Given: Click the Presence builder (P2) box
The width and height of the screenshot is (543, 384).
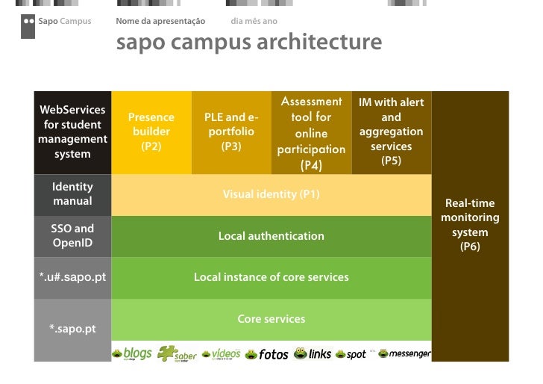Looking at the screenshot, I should (x=151, y=131).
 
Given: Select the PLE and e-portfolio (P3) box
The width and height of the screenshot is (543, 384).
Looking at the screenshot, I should (x=231, y=131).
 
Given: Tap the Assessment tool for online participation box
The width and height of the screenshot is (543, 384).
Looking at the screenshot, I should (x=311, y=133).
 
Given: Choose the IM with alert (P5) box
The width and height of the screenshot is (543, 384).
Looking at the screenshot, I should (x=391, y=131).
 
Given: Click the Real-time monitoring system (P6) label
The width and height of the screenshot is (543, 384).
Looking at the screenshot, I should (x=470, y=224).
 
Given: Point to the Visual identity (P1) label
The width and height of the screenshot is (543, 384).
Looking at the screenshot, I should (x=271, y=194).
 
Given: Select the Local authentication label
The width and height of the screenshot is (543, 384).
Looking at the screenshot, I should (x=271, y=236).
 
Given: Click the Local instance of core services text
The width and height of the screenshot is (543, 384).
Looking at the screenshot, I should (x=271, y=277).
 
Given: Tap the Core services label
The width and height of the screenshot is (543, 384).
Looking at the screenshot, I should (x=271, y=319).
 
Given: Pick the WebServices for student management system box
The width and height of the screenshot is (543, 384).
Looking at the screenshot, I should (x=72, y=131).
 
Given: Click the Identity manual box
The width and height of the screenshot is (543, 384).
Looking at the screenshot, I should (x=72, y=193).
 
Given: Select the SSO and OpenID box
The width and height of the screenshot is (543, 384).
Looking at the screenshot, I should (x=72, y=236).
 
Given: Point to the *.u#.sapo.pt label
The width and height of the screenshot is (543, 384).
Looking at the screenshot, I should (x=72, y=278).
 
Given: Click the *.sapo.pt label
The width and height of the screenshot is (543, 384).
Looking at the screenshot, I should (x=72, y=329).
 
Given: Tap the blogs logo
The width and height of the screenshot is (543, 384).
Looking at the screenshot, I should (x=133, y=353).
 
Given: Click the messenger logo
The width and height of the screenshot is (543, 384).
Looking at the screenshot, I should (x=405, y=353).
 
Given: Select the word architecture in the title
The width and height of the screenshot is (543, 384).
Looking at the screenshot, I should (x=319, y=43).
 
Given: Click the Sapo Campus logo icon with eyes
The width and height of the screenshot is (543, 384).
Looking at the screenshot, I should (x=28, y=25).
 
